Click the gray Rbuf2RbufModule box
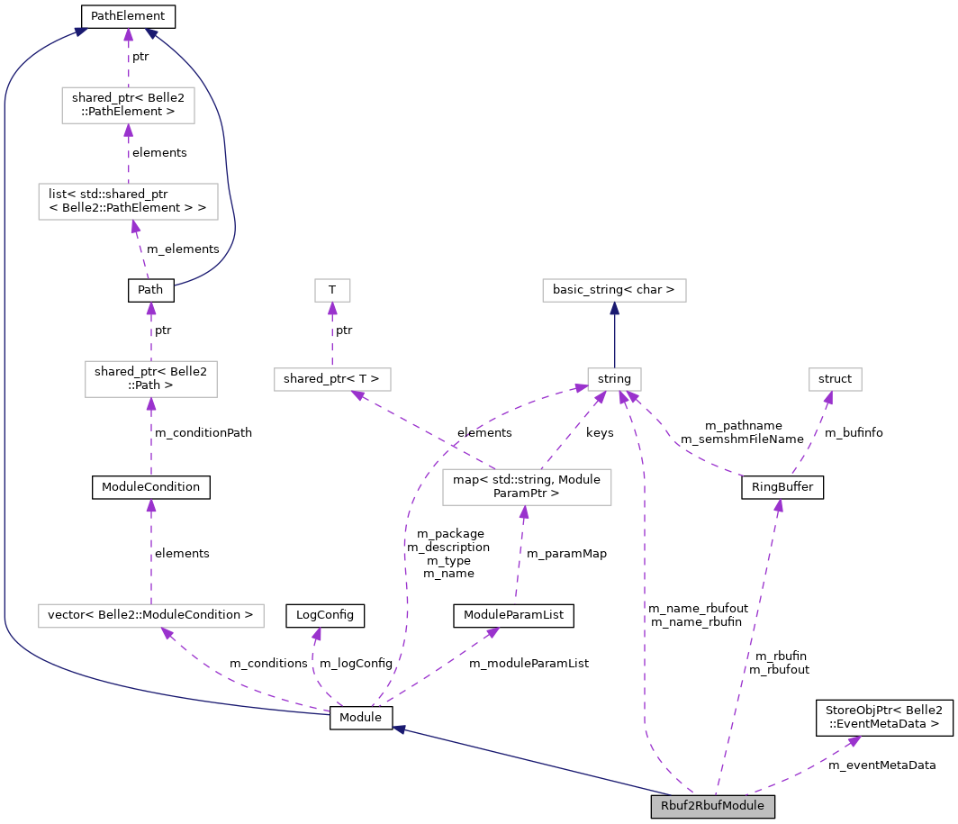[x=712, y=806]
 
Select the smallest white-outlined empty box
[x=332, y=290]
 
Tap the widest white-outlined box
[x=150, y=616]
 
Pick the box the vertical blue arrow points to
[x=614, y=290]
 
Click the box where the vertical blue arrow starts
[x=614, y=379]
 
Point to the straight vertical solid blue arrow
[x=614, y=335]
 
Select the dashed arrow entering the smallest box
[x=332, y=335]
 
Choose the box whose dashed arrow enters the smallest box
[x=332, y=379]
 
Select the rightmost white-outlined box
[x=835, y=379]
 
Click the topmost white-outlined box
[x=128, y=105]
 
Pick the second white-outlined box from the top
[x=128, y=202]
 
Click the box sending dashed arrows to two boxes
[x=527, y=487]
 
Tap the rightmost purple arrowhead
[x=854, y=740]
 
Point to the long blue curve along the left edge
[x=5, y=360]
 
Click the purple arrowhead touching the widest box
[x=167, y=634]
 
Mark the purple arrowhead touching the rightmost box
[x=827, y=398]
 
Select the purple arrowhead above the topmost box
[x=128, y=35]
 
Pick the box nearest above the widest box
[x=150, y=379]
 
